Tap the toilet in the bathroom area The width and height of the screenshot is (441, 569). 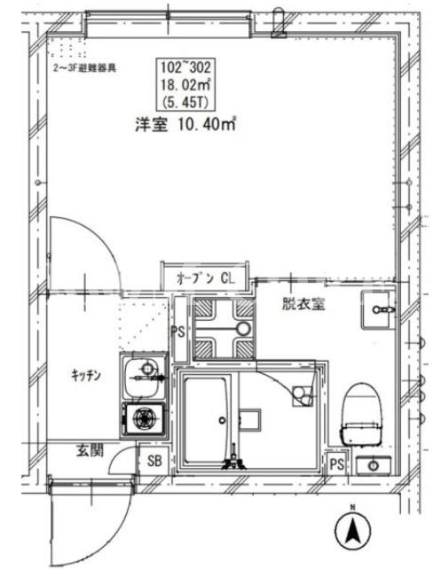tap(362, 415)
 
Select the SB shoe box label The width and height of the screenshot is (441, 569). tap(154, 461)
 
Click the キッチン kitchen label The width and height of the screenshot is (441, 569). tap(86, 375)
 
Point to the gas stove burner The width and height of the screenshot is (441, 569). tap(145, 418)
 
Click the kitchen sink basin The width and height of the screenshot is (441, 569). tap(142, 378)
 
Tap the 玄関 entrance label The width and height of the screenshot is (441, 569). tap(90, 450)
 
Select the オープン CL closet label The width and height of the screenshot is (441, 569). tap(206, 278)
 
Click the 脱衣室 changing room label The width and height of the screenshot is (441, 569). tap(303, 304)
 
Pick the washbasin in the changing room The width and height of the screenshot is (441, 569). tap(378, 310)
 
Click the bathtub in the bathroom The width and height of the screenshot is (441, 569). tap(206, 421)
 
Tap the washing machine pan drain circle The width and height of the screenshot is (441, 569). tap(243, 329)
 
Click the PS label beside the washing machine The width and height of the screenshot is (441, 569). tap(178, 331)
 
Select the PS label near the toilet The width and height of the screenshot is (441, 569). tap(337, 464)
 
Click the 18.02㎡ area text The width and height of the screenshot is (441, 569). tap(186, 85)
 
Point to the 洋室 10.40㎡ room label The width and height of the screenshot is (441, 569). tap(186, 124)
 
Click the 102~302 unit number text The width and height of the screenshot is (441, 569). tap(186, 67)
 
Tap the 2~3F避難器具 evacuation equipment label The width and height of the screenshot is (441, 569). tap(85, 68)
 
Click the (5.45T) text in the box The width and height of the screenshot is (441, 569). tap(186, 103)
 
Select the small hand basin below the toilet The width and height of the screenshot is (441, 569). tap(374, 465)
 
